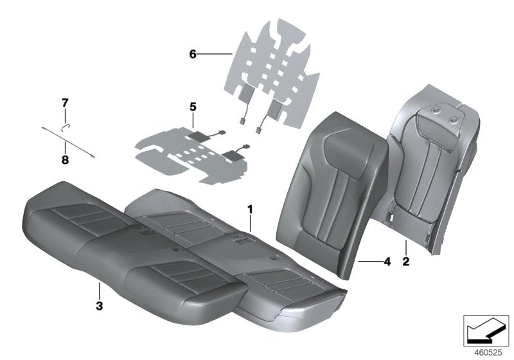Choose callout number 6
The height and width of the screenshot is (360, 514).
click(x=192, y=55)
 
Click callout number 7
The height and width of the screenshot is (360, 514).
click(x=64, y=102)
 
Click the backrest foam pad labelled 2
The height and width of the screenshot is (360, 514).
click(x=437, y=167)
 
